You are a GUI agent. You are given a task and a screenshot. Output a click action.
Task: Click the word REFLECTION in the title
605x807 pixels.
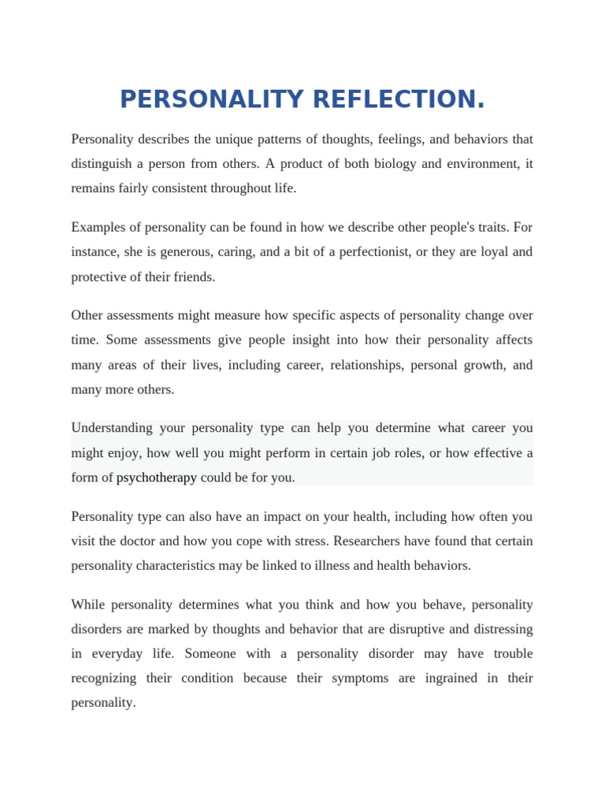399,100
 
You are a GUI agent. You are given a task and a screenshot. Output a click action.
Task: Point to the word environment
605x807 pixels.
475,164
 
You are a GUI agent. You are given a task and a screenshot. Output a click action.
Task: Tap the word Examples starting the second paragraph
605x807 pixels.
99,228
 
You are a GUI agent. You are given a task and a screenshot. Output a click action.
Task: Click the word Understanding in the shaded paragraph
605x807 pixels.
112,429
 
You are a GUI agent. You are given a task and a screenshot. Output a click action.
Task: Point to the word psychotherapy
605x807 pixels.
157,478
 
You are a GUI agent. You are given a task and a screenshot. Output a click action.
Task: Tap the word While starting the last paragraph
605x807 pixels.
87,605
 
